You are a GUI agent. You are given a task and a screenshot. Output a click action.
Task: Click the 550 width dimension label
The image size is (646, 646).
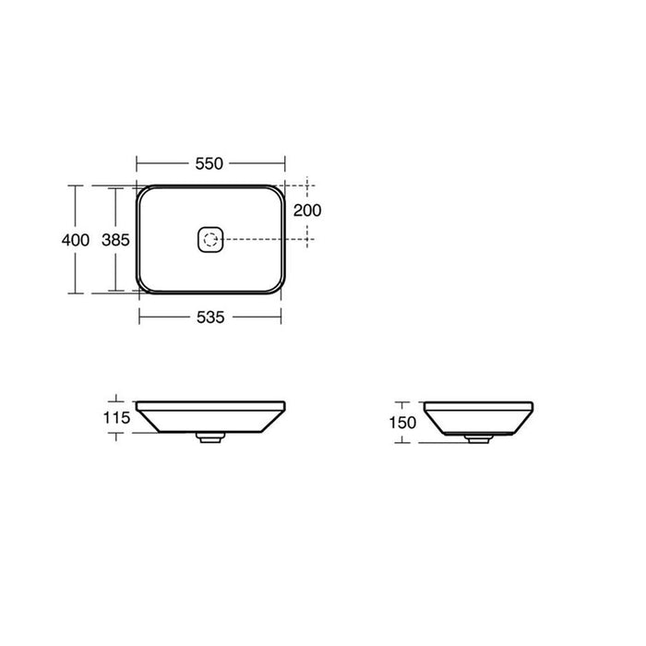(209, 163)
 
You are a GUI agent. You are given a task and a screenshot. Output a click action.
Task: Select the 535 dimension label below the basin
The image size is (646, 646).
(209, 317)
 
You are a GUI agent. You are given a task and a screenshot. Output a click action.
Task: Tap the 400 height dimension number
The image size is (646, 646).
(76, 240)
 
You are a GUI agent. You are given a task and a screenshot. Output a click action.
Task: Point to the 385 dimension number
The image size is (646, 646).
(114, 240)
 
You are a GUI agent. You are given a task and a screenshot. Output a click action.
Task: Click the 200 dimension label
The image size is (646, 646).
(306, 210)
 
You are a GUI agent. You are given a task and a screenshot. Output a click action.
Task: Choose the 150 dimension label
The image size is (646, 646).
(402, 423)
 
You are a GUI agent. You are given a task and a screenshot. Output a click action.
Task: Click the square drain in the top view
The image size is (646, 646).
(210, 240)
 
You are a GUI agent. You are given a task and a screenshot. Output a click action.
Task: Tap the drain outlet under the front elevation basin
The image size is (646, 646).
(210, 439)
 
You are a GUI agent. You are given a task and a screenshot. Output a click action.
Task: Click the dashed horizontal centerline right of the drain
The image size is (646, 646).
(268, 240)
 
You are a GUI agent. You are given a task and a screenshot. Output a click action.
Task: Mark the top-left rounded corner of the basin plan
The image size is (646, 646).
(144, 191)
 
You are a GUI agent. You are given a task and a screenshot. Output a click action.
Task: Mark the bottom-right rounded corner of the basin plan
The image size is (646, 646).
(275, 288)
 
